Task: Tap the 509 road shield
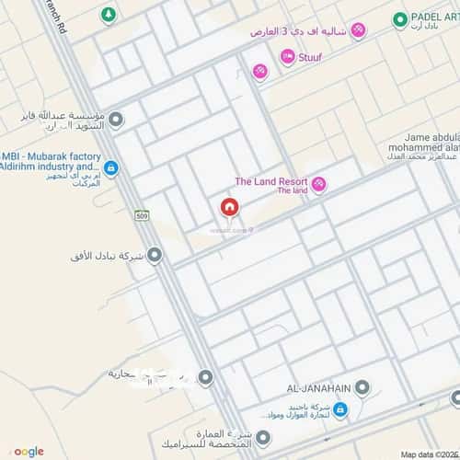[141, 216]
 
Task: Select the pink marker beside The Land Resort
[319, 185]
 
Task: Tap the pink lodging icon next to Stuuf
[288, 57]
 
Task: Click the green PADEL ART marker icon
[400, 19]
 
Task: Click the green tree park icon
[109, 16]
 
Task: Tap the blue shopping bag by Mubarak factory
[110, 168]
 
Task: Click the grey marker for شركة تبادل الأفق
[155, 255]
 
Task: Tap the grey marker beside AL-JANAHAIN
[364, 386]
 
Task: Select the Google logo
[28, 451]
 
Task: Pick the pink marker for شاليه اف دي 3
[358, 31]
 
